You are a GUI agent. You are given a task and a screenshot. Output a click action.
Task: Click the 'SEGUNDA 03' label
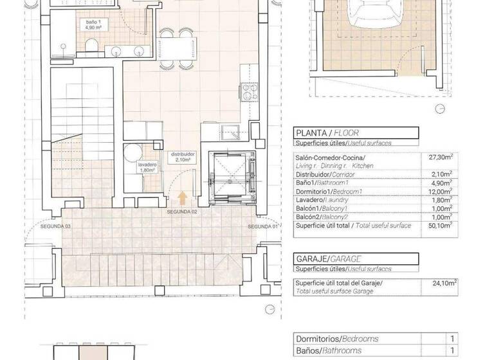(x=55, y=227)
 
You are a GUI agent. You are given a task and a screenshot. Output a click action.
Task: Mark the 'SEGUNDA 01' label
(x=263, y=227)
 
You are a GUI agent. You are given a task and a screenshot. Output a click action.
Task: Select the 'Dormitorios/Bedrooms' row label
(x=336, y=339)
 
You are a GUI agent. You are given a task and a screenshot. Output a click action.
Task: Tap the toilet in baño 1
(x=91, y=46)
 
